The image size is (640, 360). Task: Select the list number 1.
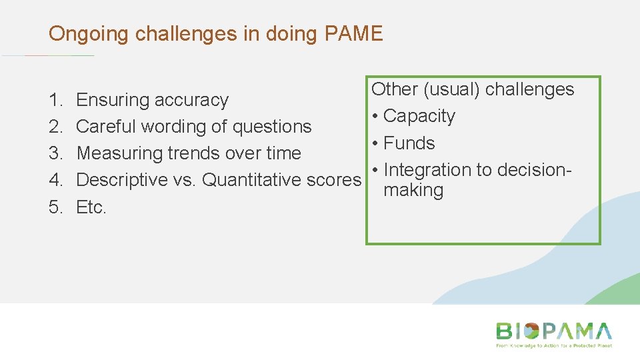[x=55, y=100]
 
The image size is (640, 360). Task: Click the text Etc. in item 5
[x=91, y=207]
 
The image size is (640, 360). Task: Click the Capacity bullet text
[x=419, y=116]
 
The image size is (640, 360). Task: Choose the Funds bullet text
[x=409, y=143]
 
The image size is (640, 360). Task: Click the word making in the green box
[x=413, y=191]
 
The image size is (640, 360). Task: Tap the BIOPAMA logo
[x=553, y=331]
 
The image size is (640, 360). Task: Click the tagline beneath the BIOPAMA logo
[x=553, y=346]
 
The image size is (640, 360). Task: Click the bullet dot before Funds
[x=376, y=143]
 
